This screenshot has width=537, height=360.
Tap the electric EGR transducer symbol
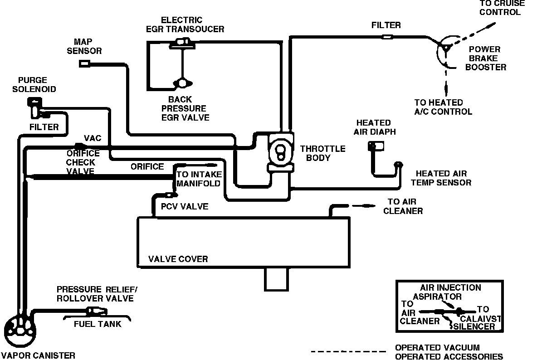click(183, 43)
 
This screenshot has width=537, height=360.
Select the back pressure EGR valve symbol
click(183, 83)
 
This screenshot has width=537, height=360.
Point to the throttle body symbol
click(280, 152)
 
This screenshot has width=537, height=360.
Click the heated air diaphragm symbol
click(376, 146)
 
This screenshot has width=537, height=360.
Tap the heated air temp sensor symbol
click(398, 165)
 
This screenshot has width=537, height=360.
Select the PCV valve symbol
click(170, 195)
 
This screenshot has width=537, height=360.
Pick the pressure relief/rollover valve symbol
click(95, 311)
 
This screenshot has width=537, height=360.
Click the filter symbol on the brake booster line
click(387, 36)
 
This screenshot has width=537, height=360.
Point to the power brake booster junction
click(445, 47)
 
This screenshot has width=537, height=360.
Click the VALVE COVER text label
click(178, 259)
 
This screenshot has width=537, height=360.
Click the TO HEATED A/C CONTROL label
click(443, 107)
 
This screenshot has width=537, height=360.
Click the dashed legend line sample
click(348, 351)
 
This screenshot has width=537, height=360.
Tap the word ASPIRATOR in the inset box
click(437, 297)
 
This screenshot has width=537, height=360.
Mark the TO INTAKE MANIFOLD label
click(198, 179)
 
